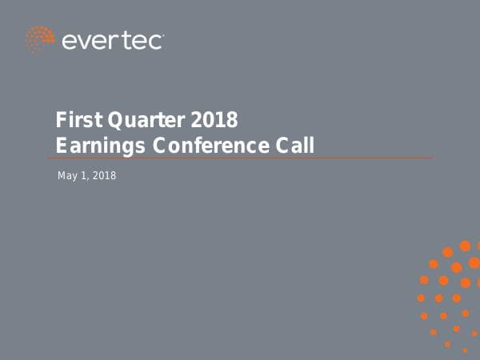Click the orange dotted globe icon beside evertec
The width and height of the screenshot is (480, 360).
point(39,39)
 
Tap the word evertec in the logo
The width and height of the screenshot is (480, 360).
point(113,41)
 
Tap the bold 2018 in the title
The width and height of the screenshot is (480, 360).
point(214,121)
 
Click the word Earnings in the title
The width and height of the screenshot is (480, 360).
point(90,146)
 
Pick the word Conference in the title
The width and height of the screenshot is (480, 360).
point(203,146)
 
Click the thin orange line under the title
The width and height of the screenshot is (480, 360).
point(240,158)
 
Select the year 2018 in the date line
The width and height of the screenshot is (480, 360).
point(104,175)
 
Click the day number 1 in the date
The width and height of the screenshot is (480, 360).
point(83,175)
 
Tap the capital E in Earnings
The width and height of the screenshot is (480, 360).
point(61,146)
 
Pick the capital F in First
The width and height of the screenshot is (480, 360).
point(61,121)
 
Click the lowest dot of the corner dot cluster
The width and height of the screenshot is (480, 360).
point(465,350)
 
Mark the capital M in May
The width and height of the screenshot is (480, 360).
point(62,175)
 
